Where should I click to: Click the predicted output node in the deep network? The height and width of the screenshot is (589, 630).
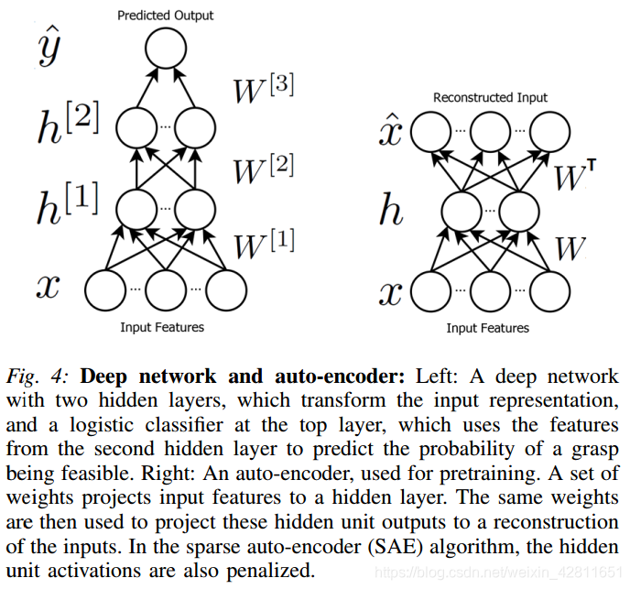(165, 49)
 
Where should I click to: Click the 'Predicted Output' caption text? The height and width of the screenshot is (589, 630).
(165, 15)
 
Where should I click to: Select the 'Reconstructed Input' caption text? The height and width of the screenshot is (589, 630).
(490, 97)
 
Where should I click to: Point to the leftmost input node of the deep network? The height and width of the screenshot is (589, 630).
(106, 289)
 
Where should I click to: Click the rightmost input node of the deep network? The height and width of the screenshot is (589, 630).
(226, 289)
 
